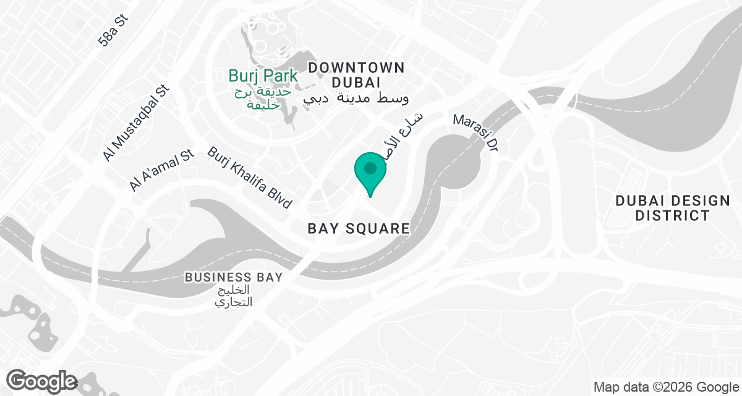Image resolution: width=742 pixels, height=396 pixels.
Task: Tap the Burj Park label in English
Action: [x=263, y=76]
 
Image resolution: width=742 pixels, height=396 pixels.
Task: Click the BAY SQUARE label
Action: [x=359, y=228]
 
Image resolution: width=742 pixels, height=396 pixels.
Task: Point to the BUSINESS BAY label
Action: [x=234, y=277]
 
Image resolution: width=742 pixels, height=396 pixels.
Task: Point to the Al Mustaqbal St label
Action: [x=136, y=124]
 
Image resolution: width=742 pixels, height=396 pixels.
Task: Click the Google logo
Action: [x=42, y=381]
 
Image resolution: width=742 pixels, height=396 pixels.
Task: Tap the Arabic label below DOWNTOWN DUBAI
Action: [x=357, y=98]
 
